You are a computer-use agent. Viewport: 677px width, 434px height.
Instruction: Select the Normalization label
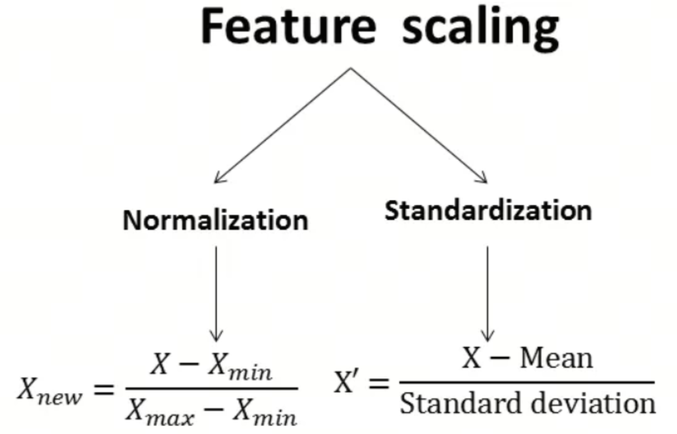(x=216, y=220)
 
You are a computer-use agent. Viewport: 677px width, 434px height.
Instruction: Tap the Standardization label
(x=488, y=210)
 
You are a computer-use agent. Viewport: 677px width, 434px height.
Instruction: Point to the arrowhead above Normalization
(x=218, y=178)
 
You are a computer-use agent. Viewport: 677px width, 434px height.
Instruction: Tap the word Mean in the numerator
(x=557, y=358)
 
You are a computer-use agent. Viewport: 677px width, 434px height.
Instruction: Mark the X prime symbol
(x=346, y=382)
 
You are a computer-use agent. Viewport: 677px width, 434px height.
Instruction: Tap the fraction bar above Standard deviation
(x=527, y=382)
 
